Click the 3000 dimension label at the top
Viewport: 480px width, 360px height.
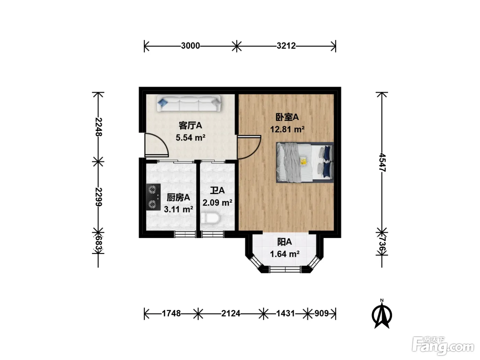pos(190,46)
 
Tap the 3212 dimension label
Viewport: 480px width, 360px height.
pos(286,46)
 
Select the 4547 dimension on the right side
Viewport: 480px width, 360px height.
pos(382,163)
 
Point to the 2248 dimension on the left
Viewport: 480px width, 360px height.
pos(99,127)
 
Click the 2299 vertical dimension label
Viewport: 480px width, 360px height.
pos(99,197)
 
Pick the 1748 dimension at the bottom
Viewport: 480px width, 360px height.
pos(171,313)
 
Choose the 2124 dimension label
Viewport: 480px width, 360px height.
pos(231,313)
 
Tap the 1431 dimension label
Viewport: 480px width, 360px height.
pos(286,313)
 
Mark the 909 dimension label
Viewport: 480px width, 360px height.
pos(322,313)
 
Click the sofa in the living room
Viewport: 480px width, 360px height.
pos(189,103)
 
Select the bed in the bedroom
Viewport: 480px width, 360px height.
pos(304,163)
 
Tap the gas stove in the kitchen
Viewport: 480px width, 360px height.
pos(153,197)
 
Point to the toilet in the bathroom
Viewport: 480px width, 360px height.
pos(210,218)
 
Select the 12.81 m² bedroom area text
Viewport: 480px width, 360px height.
pos(287,129)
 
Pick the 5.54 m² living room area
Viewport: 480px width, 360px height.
pos(191,138)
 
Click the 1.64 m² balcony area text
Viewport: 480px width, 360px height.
pos(285,254)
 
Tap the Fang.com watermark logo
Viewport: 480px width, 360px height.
pos(443,346)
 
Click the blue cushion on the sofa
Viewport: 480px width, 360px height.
pos(163,102)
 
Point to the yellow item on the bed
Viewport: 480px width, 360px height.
pos(303,161)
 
